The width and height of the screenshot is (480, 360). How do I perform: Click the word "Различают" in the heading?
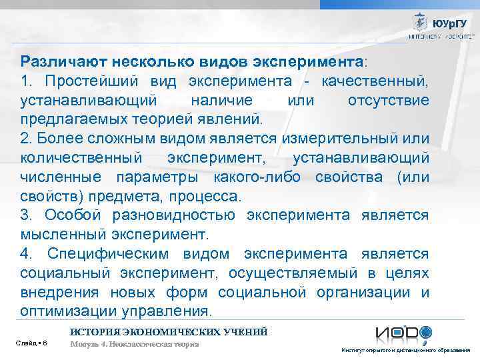(56, 62)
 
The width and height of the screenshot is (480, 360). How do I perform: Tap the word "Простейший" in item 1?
(89, 81)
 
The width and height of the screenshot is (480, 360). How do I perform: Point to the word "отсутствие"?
(389, 101)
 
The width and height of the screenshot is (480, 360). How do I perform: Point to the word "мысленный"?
(57, 235)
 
